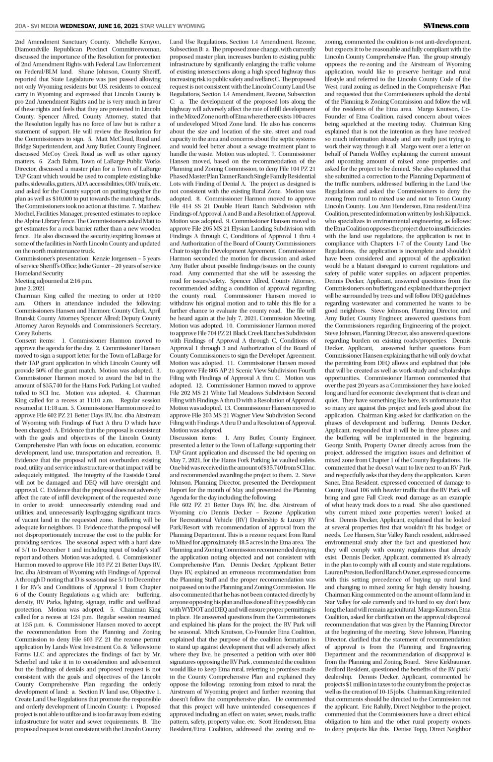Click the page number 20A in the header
pyautogui.click(x=21, y=25)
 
